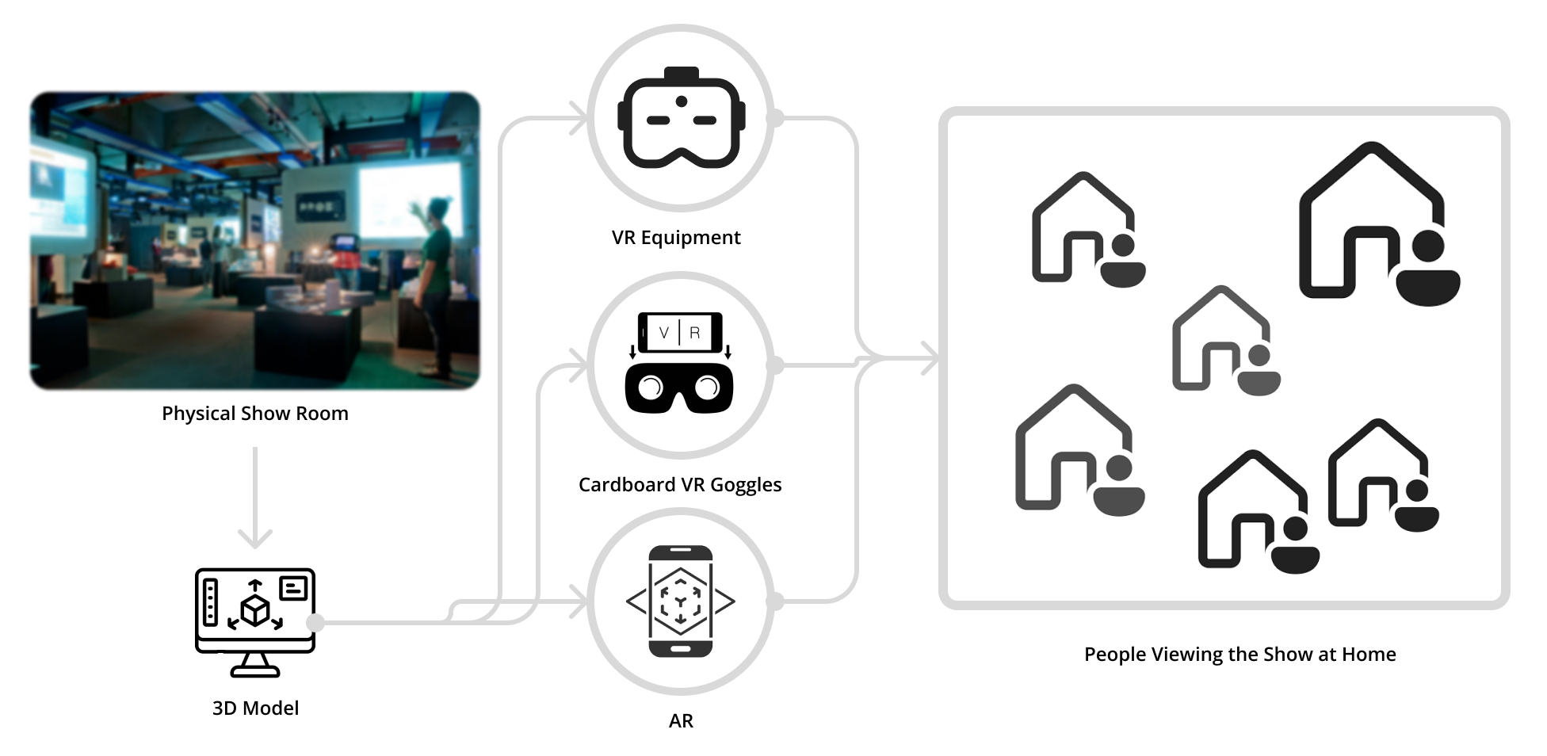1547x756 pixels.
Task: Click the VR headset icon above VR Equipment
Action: pyautogui.click(x=681, y=118)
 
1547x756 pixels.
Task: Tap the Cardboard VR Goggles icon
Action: pyautogui.click(x=680, y=363)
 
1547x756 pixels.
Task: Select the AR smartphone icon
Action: pyautogui.click(x=680, y=601)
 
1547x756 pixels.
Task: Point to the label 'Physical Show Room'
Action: pyautogui.click(x=254, y=414)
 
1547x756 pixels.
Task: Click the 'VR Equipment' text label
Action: pyautogui.click(x=675, y=238)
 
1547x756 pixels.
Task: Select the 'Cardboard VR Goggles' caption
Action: pyautogui.click(x=679, y=485)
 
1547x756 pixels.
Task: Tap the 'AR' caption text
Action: pyautogui.click(x=681, y=721)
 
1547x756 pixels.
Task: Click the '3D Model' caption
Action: pyautogui.click(x=255, y=708)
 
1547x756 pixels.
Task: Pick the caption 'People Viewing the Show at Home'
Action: pyautogui.click(x=1240, y=655)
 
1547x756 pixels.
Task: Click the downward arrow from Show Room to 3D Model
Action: pyautogui.click(x=255, y=499)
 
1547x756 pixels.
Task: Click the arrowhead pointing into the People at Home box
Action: pyautogui.click(x=927, y=359)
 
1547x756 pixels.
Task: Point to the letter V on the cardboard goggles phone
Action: pyautogui.click(x=663, y=333)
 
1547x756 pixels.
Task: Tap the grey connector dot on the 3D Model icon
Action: pyautogui.click(x=315, y=622)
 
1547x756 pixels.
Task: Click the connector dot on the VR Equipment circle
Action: pyautogui.click(x=775, y=119)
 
